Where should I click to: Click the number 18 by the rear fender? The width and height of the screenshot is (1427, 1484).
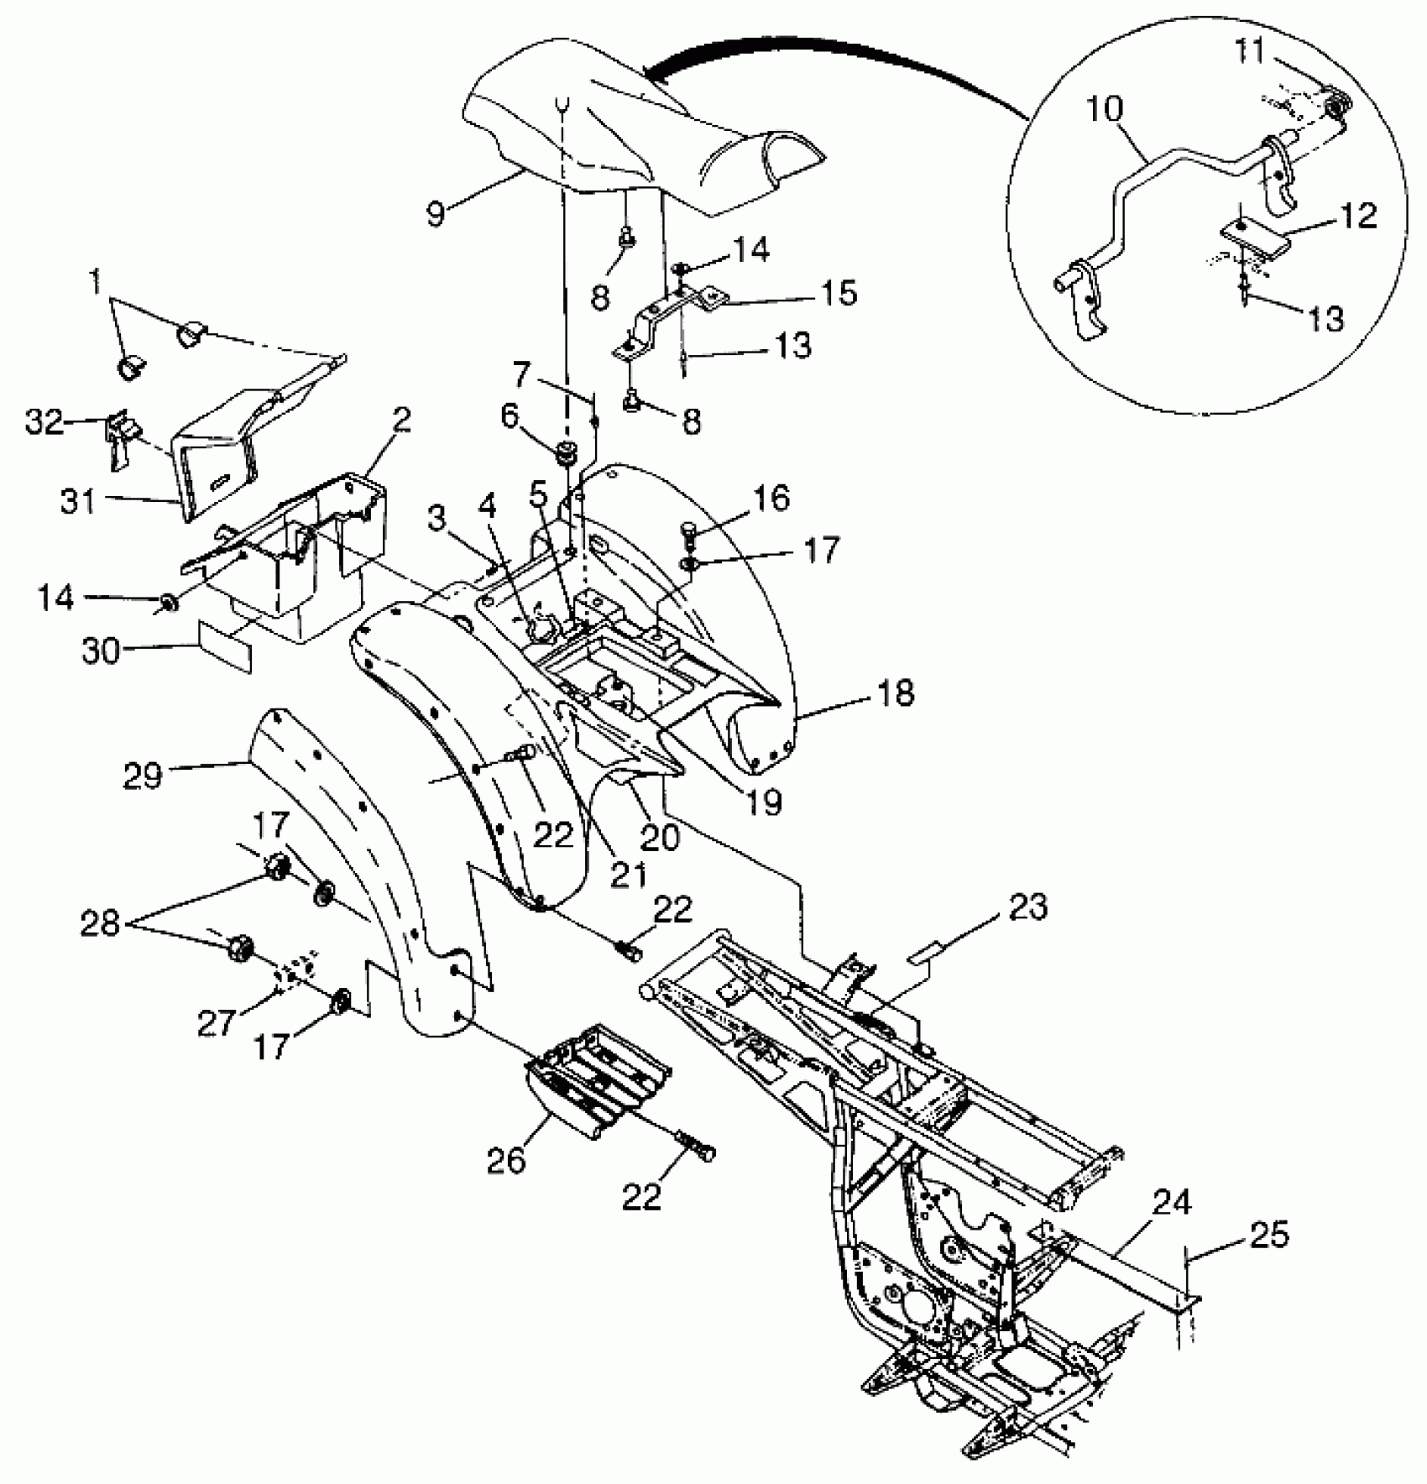[895, 693]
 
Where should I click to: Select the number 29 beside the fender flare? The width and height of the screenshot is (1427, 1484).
[142, 775]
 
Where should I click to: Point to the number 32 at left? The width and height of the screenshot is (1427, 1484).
[44, 422]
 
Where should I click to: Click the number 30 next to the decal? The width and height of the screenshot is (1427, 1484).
[102, 650]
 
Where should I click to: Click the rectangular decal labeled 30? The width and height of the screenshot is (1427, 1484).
[224, 645]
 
